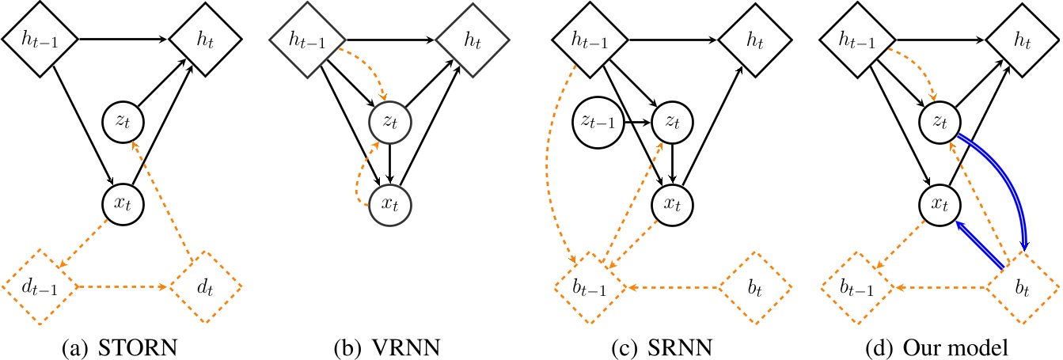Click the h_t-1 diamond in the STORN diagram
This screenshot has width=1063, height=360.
coord(40,37)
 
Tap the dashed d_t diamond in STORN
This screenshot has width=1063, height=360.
coord(203,286)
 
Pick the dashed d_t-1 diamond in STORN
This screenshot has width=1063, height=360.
coord(40,286)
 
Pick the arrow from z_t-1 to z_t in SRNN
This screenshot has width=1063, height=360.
coord(636,123)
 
